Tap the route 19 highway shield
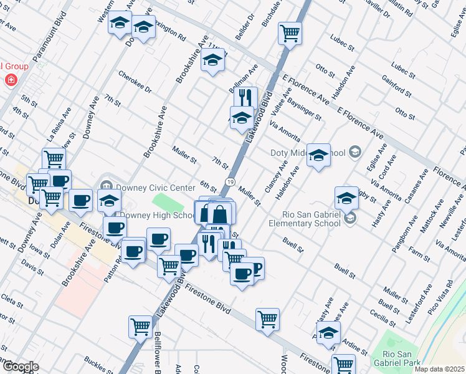coord(230,181)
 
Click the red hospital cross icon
coord(10,80)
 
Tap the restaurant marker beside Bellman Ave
coord(245,97)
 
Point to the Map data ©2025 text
coord(439,369)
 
